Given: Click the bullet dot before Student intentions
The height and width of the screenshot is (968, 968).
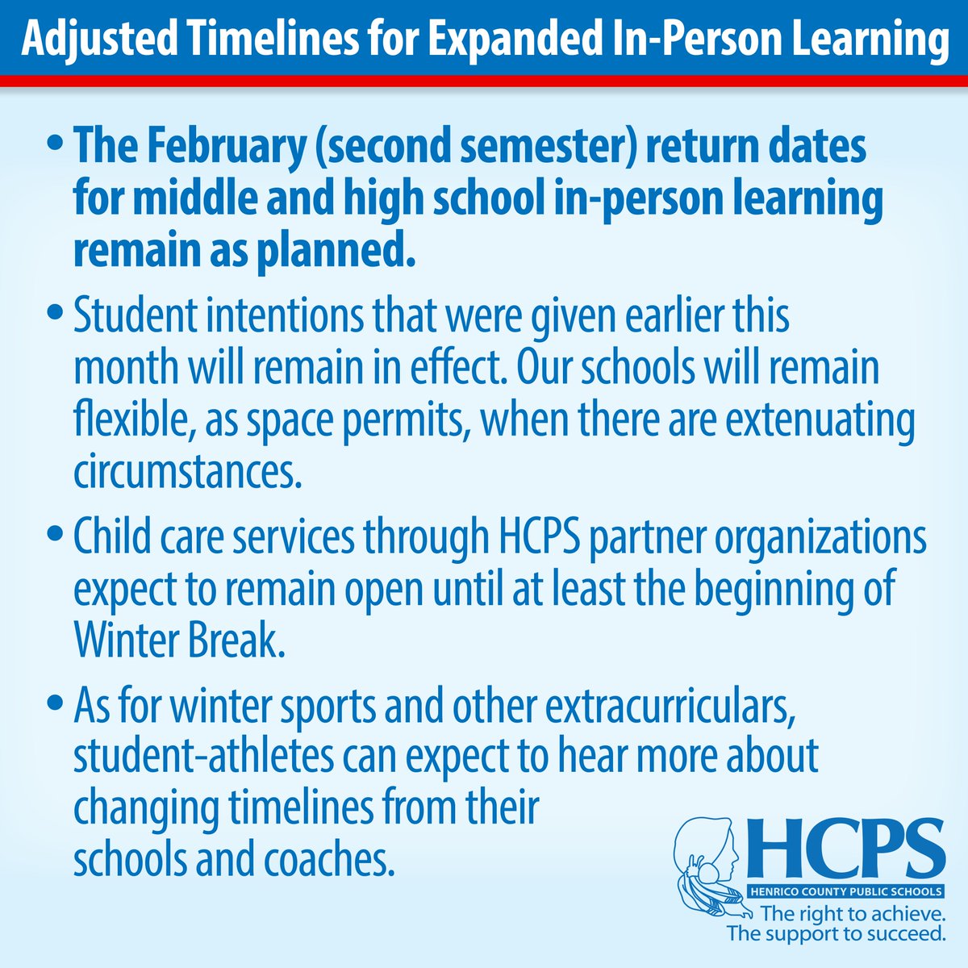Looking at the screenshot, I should [56, 311].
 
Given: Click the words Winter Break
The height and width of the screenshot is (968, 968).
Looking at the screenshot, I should [179, 642].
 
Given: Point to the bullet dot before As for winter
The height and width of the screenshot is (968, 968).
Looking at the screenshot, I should [56, 703].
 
